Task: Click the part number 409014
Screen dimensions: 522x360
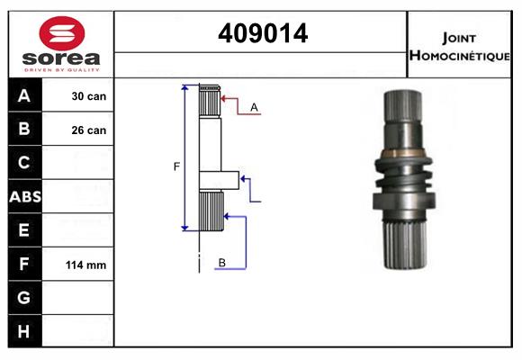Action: [x=263, y=33]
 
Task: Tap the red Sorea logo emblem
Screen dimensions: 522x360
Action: [x=62, y=33]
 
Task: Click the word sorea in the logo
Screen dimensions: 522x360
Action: [x=61, y=58]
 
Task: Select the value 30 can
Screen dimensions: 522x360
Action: [x=89, y=96]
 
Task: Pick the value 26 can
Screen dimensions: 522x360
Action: [x=89, y=130]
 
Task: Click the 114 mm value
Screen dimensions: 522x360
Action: [x=85, y=265]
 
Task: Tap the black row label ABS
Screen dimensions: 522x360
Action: [x=25, y=197]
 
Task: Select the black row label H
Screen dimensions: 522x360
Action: [x=23, y=331]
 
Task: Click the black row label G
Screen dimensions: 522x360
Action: [x=24, y=298]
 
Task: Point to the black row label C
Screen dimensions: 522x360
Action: [x=24, y=163]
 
